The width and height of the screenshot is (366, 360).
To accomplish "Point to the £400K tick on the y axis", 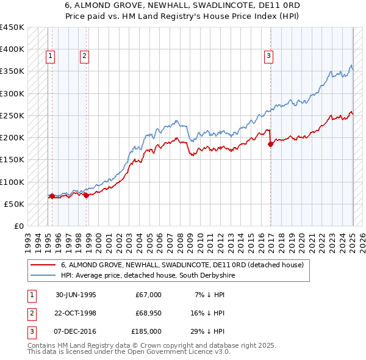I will coord(13,49).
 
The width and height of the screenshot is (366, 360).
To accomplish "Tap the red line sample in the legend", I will coord(43,265).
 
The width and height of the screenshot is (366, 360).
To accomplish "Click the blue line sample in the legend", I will coord(43,275).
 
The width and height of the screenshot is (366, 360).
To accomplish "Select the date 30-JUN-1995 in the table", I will coord(76,295).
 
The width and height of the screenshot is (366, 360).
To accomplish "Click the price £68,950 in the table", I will coord(148,314).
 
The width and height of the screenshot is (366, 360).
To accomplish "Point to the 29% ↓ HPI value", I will coord(209,332).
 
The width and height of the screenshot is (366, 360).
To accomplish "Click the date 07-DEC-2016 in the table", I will coord(76,332).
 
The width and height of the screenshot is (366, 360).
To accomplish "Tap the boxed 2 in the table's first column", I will coord(30,314).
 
